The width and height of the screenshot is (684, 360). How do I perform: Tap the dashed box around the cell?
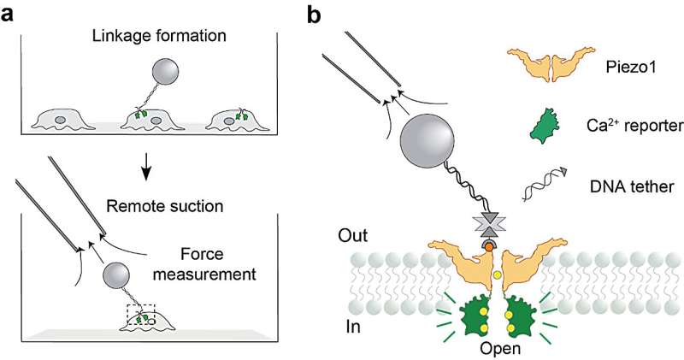tap(142, 317)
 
